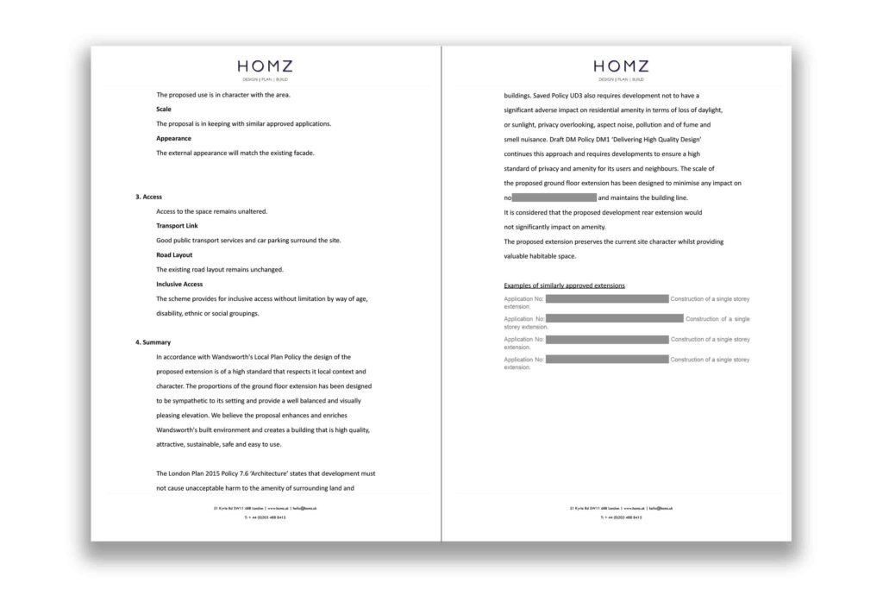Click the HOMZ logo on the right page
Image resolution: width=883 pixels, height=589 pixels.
pyautogui.click(x=621, y=66)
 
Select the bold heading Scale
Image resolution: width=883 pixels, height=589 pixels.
pyautogui.click(x=164, y=110)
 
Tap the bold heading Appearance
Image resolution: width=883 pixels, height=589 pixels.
pyautogui.click(x=173, y=138)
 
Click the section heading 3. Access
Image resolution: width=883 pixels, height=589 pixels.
pyautogui.click(x=148, y=197)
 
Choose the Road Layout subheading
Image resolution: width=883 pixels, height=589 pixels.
pyautogui.click(x=174, y=255)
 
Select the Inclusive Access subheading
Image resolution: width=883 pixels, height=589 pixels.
pyautogui.click(x=180, y=284)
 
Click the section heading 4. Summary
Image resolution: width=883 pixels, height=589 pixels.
pyautogui.click(x=153, y=342)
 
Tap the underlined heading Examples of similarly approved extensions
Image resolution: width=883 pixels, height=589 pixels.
pyautogui.click(x=564, y=285)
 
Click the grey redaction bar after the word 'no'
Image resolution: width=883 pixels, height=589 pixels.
pyautogui.click(x=554, y=197)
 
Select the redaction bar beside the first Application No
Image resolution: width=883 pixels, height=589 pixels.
pyautogui.click(x=607, y=298)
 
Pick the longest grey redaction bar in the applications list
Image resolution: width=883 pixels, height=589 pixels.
pyautogui.click(x=614, y=319)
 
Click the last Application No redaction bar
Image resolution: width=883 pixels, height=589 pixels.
pyautogui.click(x=607, y=360)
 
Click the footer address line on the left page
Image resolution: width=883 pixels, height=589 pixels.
pyautogui.click(x=266, y=508)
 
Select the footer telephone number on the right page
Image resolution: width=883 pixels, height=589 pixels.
pyautogui.click(x=622, y=517)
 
